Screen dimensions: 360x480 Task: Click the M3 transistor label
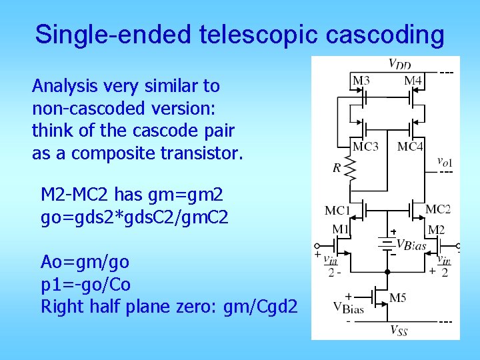click(361, 81)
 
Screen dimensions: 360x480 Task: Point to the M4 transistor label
click(413, 81)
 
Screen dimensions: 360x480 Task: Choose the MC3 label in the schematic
click(365, 147)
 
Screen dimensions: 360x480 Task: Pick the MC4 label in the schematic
click(410, 147)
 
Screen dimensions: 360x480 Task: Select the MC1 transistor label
click(337, 211)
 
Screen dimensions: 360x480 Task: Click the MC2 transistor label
click(438, 209)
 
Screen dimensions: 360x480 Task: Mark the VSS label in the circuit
click(399, 329)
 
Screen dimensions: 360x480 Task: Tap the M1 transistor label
click(341, 229)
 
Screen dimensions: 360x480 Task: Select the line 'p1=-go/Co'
click(86, 285)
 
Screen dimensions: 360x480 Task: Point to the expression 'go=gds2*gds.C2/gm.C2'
click(135, 217)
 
